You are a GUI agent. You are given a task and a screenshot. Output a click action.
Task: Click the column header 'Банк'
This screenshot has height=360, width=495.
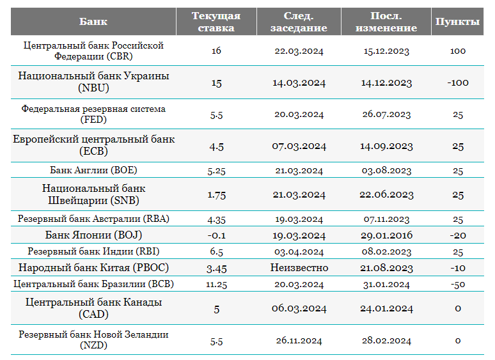(93, 22)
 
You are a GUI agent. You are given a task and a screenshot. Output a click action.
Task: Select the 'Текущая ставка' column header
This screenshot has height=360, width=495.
(216, 22)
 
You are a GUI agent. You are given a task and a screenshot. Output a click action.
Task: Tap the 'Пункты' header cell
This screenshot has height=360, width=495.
(457, 22)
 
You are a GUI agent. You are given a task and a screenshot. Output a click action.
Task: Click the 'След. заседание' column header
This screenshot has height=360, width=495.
(299, 22)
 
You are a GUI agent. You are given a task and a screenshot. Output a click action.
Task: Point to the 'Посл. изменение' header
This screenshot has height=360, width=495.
(386, 22)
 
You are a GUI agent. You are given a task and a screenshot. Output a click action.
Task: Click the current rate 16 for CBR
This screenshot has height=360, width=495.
(216, 51)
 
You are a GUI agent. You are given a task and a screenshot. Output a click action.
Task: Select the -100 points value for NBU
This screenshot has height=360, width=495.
(458, 82)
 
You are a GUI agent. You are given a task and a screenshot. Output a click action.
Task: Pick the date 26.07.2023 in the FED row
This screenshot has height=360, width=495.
(386, 114)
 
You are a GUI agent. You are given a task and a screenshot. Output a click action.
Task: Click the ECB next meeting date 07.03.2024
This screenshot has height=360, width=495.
(299, 146)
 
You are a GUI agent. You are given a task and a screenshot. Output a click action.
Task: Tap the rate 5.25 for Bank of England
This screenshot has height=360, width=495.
(216, 171)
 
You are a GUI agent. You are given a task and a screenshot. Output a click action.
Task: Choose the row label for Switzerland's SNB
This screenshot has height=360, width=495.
(93, 194)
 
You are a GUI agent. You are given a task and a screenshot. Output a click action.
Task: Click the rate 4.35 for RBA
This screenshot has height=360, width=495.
(216, 219)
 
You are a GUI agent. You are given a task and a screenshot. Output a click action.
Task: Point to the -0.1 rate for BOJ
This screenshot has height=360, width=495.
(216, 235)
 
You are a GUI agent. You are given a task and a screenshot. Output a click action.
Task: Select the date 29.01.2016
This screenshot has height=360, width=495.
(387, 235)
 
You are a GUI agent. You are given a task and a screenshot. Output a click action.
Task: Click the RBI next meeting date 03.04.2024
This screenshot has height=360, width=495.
(299, 252)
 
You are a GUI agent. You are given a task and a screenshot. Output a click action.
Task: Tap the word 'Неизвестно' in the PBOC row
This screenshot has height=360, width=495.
(299, 267)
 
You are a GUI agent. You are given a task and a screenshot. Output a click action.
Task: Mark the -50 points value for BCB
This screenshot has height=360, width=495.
(458, 285)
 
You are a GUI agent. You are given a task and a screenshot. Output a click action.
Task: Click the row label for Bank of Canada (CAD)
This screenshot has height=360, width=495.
(93, 308)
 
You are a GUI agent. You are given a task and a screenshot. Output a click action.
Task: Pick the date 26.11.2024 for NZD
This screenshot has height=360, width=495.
(299, 340)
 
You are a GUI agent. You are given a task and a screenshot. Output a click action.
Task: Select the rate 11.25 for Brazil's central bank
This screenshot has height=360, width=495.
(216, 285)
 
